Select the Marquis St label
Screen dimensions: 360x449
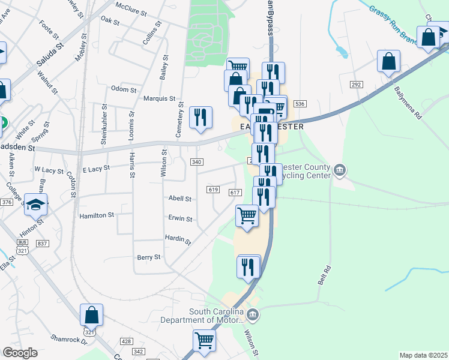pyautogui.click(x=159, y=98)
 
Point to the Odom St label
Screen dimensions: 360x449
pyautogui.click(x=124, y=89)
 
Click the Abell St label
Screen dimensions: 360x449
pyautogui.click(x=179, y=199)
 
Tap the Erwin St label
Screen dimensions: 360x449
pyautogui.click(x=180, y=219)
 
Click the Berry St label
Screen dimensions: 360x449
pyautogui.click(x=149, y=257)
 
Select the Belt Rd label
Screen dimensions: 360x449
pyautogui.click(x=327, y=276)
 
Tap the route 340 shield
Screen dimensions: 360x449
pyautogui.click(x=196, y=162)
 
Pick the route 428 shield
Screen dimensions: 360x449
pyautogui.click(x=126, y=341)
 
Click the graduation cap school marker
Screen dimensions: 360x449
pyautogui.click(x=36, y=205)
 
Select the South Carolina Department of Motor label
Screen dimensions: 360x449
pyautogui.click(x=202, y=316)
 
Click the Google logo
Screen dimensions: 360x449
pyautogui.click(x=20, y=353)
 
